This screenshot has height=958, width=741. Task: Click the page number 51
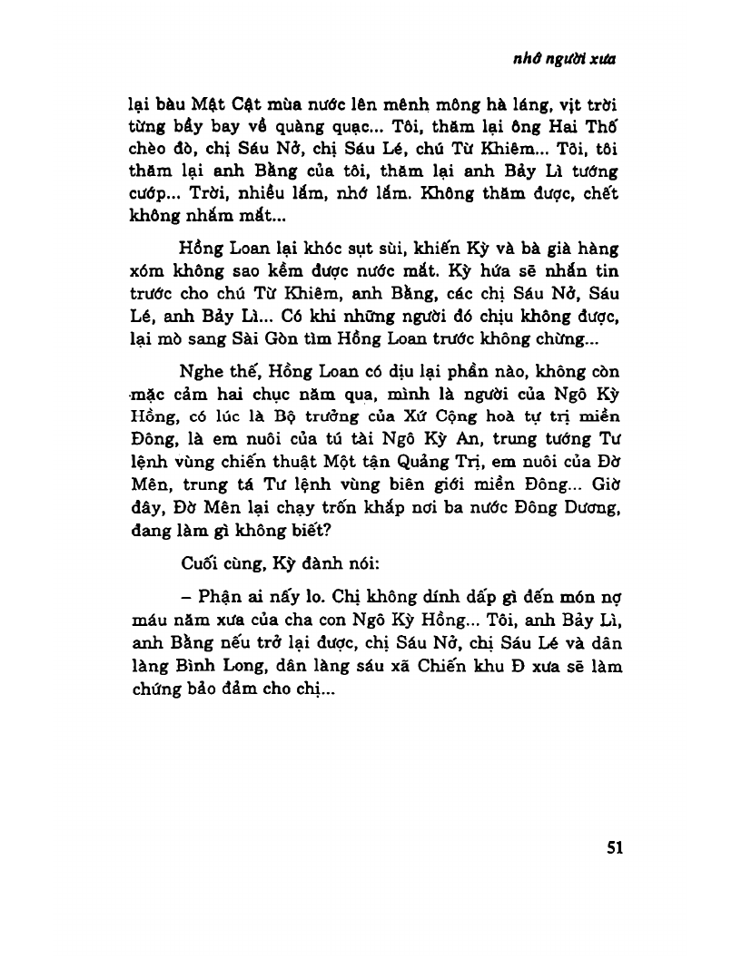[x=613, y=848]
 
